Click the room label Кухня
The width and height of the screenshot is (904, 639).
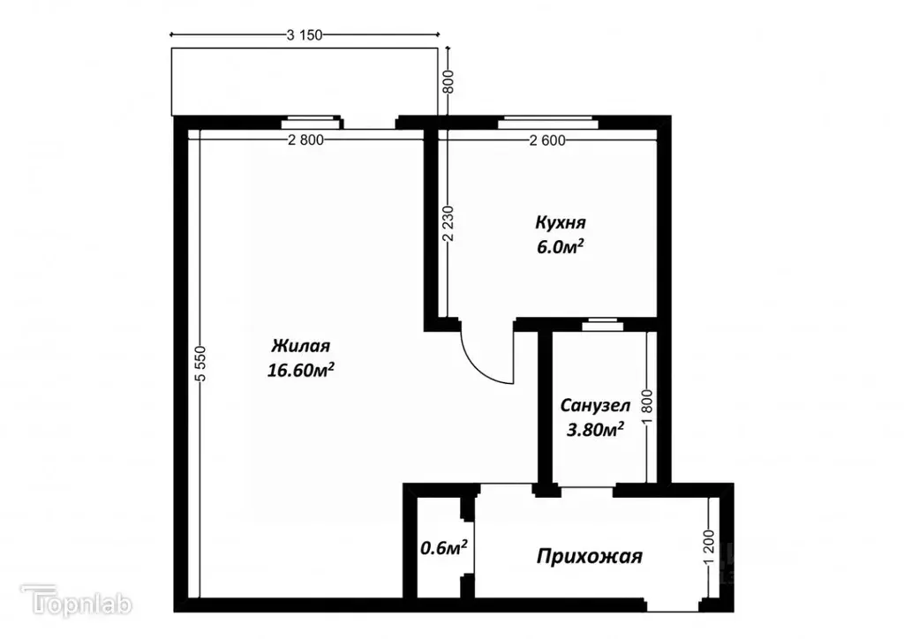pos(560,222)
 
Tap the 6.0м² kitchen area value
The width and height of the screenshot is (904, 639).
pos(560,248)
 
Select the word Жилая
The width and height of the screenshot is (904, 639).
pos(300,345)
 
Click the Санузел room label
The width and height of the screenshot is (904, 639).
pos(595,406)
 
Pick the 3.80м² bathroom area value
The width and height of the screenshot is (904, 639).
pos(595,430)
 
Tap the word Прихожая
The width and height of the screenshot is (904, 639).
pos(590,557)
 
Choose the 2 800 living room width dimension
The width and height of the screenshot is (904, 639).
pos(305,139)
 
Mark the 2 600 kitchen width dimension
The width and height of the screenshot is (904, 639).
pos(548,139)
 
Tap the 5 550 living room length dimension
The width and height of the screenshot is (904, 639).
pos(201,363)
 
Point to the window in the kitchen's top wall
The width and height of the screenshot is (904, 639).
pos(547,123)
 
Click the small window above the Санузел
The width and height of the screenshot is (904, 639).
pos(603,324)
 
